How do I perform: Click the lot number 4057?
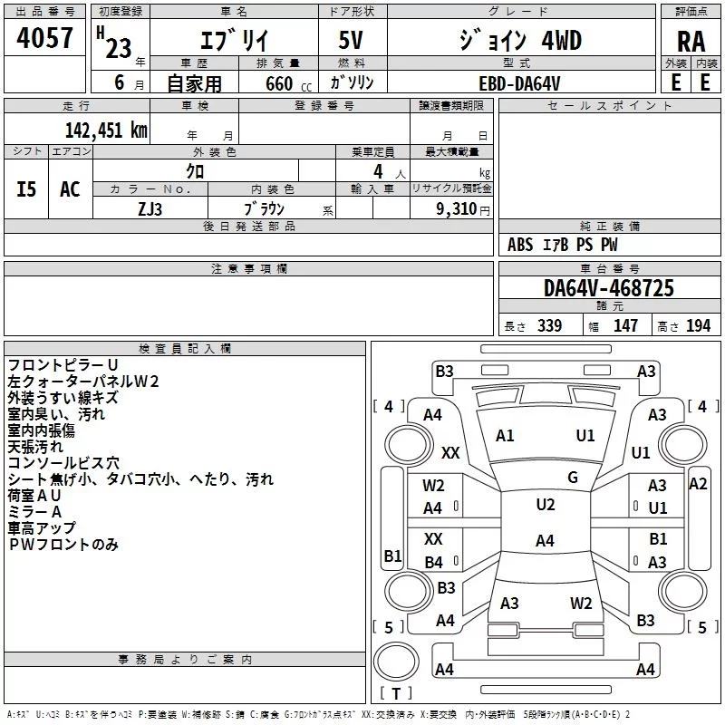click(44, 38)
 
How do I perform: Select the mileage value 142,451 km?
click(106, 130)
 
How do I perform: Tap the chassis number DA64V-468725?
click(608, 288)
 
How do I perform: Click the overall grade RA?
click(691, 42)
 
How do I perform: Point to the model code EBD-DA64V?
click(519, 83)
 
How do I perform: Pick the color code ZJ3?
click(150, 209)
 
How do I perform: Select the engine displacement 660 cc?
click(288, 83)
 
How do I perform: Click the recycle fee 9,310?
click(456, 209)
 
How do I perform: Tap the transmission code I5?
click(26, 189)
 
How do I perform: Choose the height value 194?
click(698, 325)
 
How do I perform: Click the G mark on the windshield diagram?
click(573, 478)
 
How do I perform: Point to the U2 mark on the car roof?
click(546, 505)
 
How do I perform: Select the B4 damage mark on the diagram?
click(434, 562)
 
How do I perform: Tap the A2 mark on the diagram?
click(698, 484)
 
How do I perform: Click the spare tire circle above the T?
click(396, 662)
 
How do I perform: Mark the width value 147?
click(625, 325)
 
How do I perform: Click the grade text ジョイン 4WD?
click(520, 40)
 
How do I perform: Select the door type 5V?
click(351, 40)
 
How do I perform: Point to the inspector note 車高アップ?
click(42, 528)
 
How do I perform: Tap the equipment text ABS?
click(520, 245)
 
